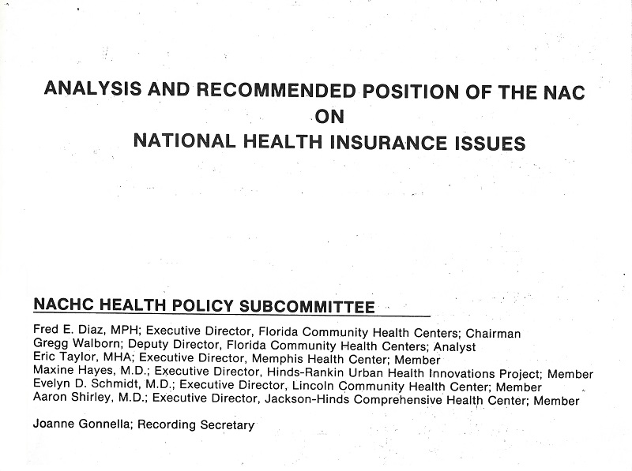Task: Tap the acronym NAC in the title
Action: [x=561, y=91]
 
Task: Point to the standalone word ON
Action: [x=330, y=117]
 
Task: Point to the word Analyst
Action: [x=454, y=347]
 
